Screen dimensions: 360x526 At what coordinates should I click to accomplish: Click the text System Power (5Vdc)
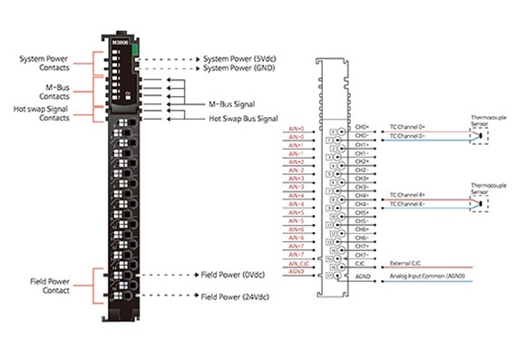[x=240, y=58]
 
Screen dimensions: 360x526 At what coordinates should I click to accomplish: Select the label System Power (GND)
[x=240, y=68]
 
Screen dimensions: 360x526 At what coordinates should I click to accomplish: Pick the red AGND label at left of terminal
[x=296, y=271]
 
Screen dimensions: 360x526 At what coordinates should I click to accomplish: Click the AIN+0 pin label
[x=296, y=128]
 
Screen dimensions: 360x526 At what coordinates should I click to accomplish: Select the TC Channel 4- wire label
[x=408, y=204]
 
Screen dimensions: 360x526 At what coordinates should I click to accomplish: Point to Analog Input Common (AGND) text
[x=424, y=271]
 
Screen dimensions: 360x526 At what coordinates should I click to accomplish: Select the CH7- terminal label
[x=362, y=254]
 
